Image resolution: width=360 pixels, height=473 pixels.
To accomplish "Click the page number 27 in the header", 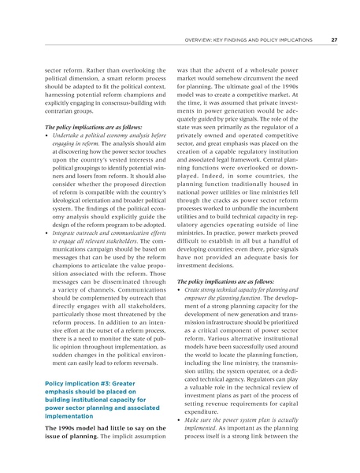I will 334,39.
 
